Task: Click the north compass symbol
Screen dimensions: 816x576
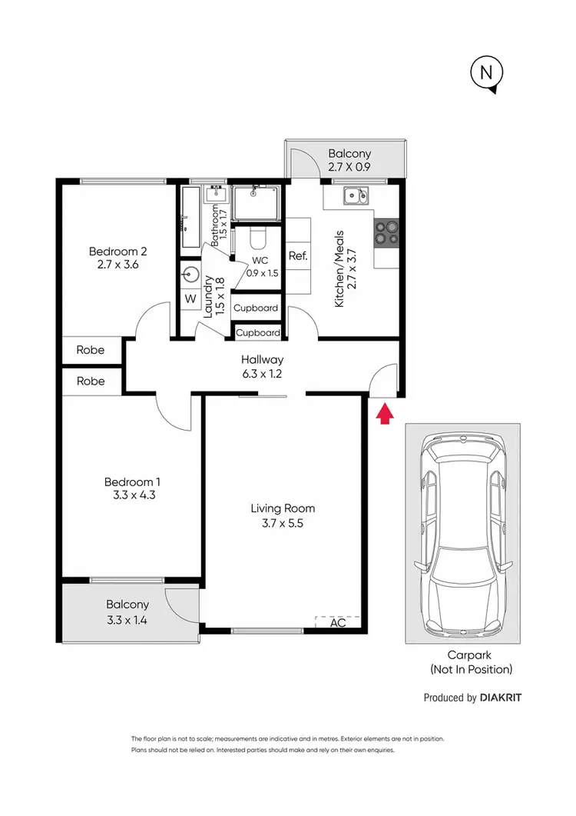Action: point(485,74)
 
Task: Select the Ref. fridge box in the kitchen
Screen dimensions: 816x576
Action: point(298,256)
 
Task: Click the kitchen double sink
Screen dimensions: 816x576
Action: point(356,196)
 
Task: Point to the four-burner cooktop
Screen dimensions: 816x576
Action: point(386,232)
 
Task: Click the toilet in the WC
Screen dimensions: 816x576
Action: point(258,235)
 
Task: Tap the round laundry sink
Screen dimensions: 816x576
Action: point(190,273)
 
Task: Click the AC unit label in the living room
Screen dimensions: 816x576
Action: point(338,623)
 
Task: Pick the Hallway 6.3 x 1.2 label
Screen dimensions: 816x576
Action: point(262,366)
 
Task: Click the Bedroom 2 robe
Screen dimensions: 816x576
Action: point(91,350)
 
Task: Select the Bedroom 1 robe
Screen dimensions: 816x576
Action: point(91,381)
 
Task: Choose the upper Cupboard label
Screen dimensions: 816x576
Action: point(256,308)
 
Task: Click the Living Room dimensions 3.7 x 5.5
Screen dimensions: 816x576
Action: point(283,523)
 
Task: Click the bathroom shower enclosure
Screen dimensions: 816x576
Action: point(257,202)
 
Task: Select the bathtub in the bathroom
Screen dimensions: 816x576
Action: point(190,218)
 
